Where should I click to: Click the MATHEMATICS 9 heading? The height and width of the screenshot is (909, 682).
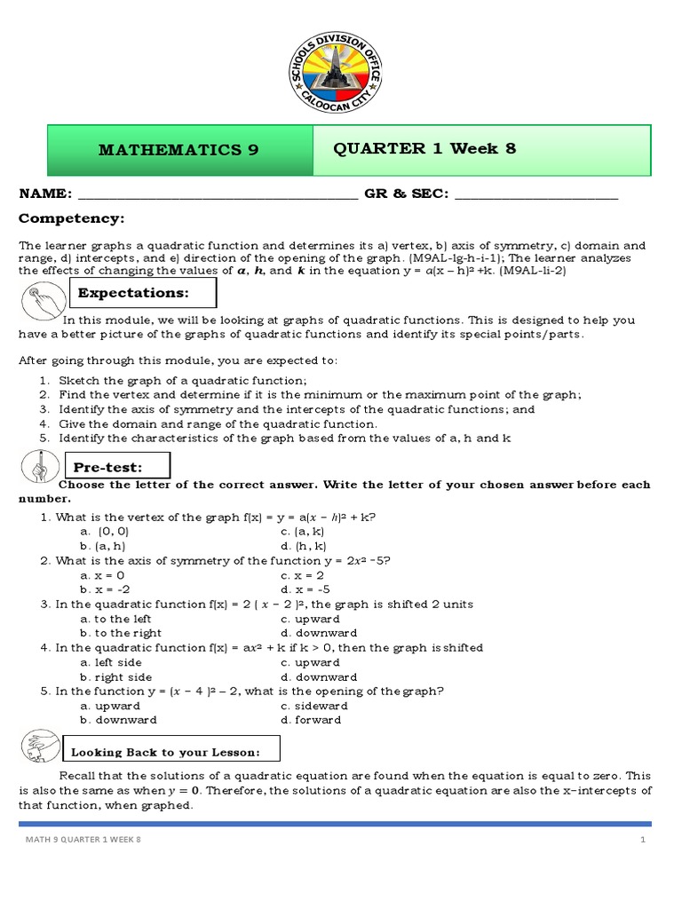[x=178, y=150]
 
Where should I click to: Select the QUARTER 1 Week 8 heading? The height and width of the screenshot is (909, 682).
[x=424, y=148]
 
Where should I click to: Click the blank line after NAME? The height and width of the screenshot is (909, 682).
[x=217, y=195]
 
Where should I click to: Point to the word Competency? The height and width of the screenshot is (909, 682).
[x=72, y=218]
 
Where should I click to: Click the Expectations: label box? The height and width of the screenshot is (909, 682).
[x=142, y=293]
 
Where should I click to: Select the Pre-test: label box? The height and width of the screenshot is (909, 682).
[x=115, y=467]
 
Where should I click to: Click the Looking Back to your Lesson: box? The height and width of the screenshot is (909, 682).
[x=170, y=752]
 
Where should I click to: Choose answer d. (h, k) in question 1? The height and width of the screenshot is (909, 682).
[x=303, y=546]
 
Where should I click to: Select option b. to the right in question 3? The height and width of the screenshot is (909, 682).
[x=121, y=633]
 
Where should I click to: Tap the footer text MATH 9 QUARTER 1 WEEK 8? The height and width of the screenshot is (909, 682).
[x=81, y=841]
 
